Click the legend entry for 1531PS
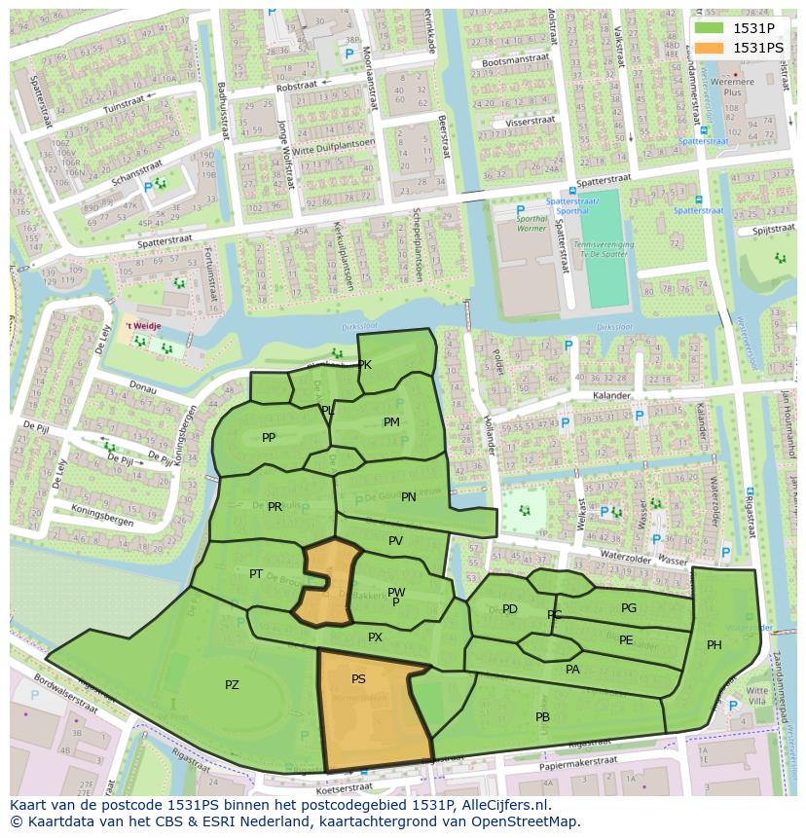757,47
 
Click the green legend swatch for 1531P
710,28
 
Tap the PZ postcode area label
232,685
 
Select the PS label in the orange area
358,679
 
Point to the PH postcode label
714,645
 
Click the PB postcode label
542,717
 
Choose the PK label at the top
365,366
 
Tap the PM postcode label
391,422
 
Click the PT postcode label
256,574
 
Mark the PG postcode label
629,608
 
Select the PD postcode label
510,610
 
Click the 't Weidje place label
141,327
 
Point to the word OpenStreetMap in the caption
527,821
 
